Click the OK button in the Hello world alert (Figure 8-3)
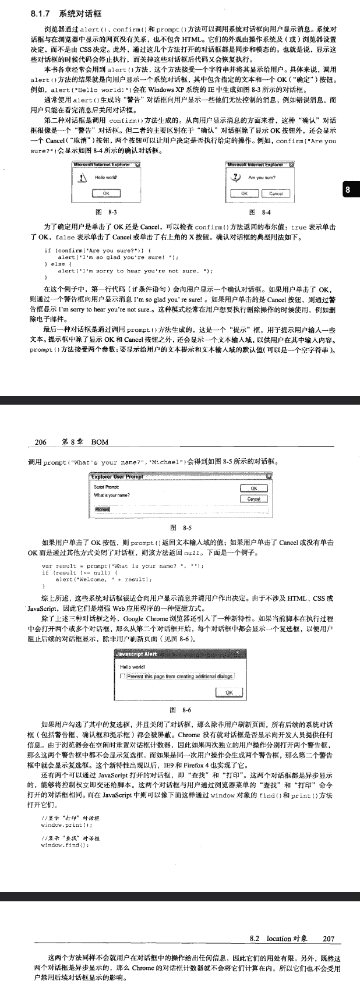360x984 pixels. tap(106, 193)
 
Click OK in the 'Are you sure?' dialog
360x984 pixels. tap(244, 193)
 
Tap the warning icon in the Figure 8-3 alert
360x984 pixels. tap(83, 179)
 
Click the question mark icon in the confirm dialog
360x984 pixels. tap(235, 178)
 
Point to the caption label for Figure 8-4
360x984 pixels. tap(259, 213)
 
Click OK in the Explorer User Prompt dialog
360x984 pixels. tap(253, 489)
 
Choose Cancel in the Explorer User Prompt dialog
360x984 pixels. tap(253, 498)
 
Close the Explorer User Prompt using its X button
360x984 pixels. tap(268, 476)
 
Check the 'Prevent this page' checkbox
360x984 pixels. tap(122, 676)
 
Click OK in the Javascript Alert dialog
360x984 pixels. tap(228, 692)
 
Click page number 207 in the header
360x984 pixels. tap(329, 939)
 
